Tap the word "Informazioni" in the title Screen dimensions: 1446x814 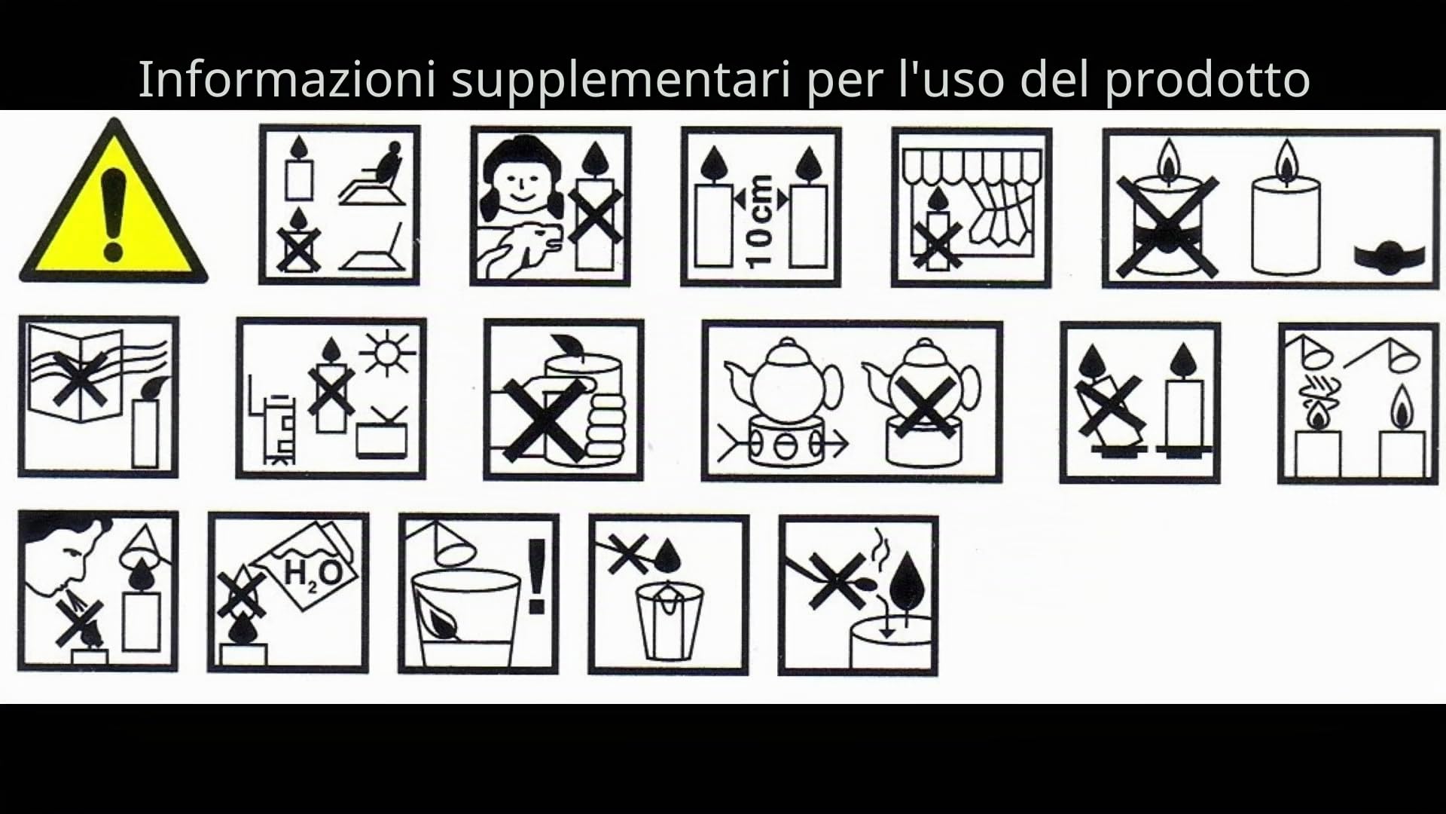click(x=286, y=78)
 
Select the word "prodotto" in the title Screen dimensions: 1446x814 click(x=1207, y=78)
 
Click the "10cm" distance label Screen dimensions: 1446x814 click(x=762, y=220)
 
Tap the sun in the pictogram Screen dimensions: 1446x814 click(x=387, y=353)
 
